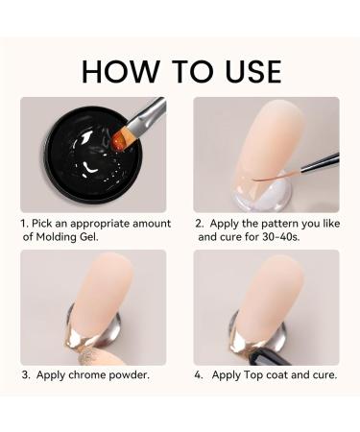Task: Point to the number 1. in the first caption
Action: [x=25, y=224]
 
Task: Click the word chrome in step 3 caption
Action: [x=97, y=374]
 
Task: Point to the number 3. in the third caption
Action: [x=25, y=374]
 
